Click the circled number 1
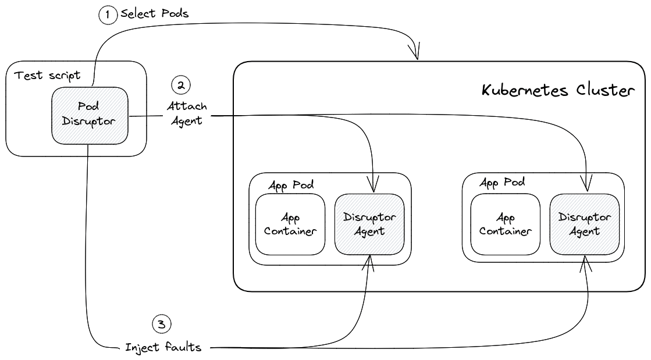click(108, 15)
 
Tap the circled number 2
click(181, 85)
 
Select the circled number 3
click(162, 323)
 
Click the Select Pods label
click(154, 14)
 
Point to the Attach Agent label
click(186, 113)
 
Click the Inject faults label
click(163, 348)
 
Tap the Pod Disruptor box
click(90, 116)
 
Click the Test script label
click(47, 76)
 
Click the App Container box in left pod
click(290, 224)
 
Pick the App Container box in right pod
click(506, 224)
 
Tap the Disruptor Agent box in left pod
click(369, 224)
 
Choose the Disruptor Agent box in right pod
click(585, 224)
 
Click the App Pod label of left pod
click(291, 185)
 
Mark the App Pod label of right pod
click(503, 182)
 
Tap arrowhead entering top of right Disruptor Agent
click(586, 186)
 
